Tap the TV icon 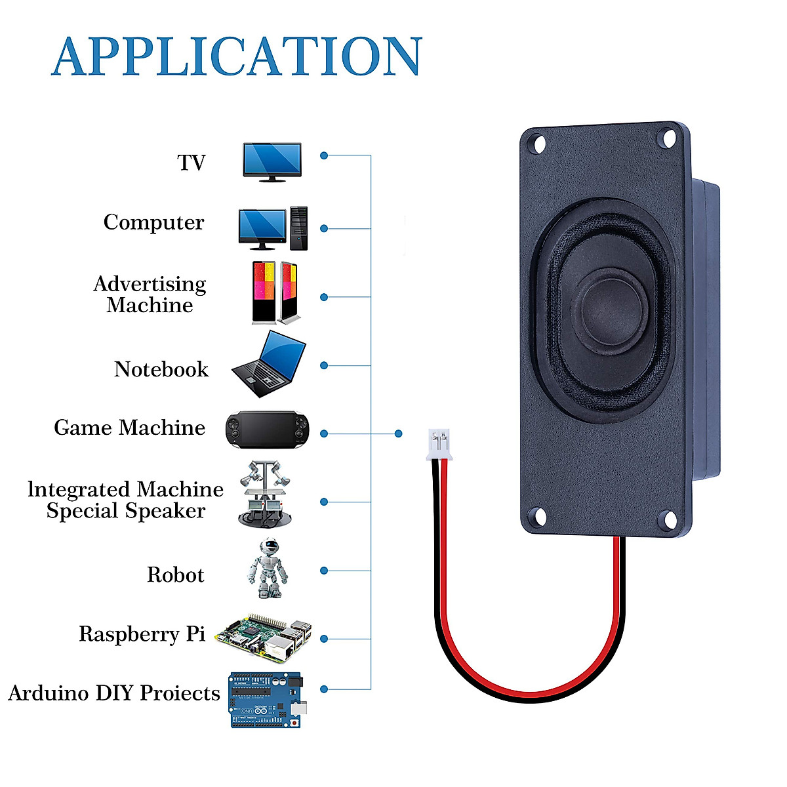click(x=272, y=161)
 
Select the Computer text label click(x=153, y=222)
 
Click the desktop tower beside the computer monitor click(x=298, y=228)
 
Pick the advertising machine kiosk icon click(x=275, y=293)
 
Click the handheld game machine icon click(x=267, y=430)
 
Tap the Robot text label click(x=175, y=575)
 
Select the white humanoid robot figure click(x=267, y=569)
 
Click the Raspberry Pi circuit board click(x=264, y=637)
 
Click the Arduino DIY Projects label click(x=114, y=693)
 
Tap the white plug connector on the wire click(x=439, y=444)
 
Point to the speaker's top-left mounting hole click(x=538, y=143)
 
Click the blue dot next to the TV click(x=324, y=156)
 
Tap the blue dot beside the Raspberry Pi click(x=324, y=639)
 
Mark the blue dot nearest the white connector click(x=398, y=434)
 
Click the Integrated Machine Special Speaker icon click(x=265, y=494)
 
